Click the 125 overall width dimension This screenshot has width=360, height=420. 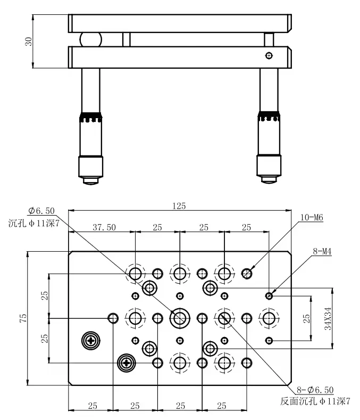[179, 206]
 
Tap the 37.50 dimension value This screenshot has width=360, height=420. [104, 227]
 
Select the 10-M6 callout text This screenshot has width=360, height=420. [312, 217]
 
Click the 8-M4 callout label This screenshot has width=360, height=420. [322, 251]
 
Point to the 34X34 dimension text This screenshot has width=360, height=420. [328, 318]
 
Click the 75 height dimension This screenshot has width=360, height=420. [23, 318]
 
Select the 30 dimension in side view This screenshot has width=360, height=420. [28, 41]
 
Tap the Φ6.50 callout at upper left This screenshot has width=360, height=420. [41, 211]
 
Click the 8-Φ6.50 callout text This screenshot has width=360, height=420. [315, 390]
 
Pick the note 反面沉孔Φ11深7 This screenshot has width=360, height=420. [315, 401]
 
